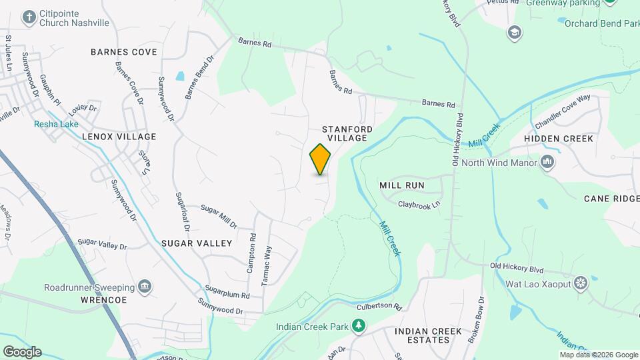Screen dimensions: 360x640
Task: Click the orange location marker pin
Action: [321, 159]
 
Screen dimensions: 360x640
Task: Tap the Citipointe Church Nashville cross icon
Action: [29, 17]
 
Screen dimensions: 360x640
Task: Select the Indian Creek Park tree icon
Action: [359, 325]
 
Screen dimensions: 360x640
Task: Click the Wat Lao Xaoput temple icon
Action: [581, 283]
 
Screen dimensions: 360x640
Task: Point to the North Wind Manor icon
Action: [547, 161]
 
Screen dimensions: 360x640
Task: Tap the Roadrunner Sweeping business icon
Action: [145, 287]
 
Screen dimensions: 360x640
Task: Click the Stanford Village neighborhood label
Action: [347, 133]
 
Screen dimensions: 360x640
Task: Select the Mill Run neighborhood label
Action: [401, 184]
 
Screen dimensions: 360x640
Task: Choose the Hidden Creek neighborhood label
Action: [558, 139]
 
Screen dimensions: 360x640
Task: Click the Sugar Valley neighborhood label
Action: [197, 243]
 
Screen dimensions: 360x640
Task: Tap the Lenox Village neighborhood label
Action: [119, 137]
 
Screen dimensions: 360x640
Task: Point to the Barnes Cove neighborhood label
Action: [124, 52]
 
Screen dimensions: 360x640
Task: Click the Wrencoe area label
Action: [104, 300]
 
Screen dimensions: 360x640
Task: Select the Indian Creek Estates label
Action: [422, 335]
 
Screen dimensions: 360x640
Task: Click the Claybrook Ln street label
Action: [419, 205]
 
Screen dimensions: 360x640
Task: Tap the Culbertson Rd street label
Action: [379, 307]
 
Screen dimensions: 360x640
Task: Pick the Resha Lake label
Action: [57, 124]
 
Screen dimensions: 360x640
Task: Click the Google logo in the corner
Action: [21, 352]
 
